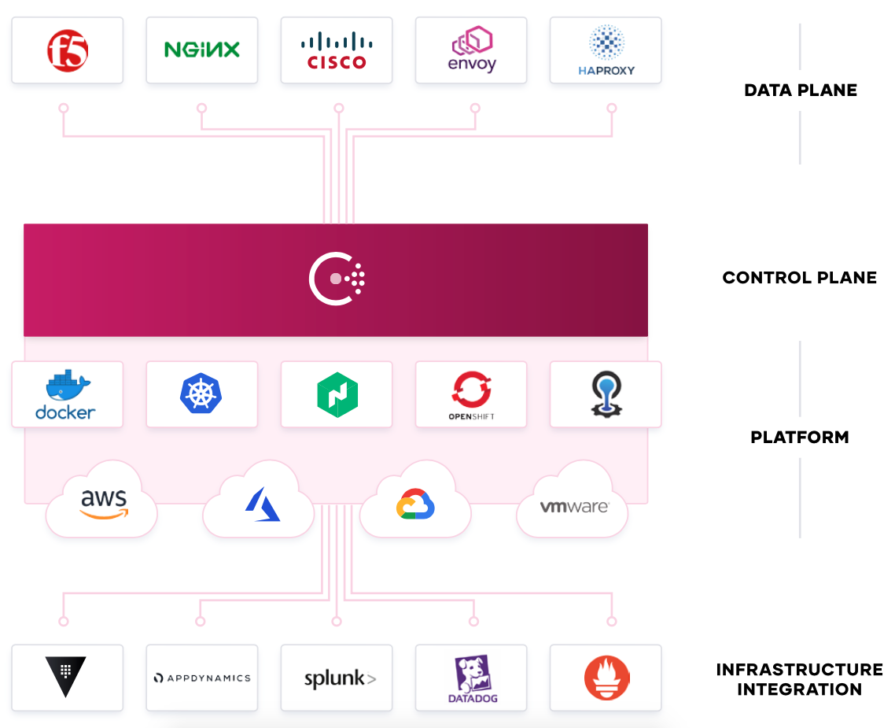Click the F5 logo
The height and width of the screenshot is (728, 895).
coord(68,51)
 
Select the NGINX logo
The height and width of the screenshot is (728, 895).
coord(202,50)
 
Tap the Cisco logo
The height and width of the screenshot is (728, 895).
coord(337,51)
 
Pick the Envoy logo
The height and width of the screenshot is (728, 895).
coord(472,49)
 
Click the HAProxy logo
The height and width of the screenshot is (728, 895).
coord(606,50)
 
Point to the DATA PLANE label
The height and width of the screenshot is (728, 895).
coord(801,91)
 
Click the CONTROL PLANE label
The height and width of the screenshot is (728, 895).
coord(799,278)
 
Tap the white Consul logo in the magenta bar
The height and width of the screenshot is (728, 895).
coord(337,279)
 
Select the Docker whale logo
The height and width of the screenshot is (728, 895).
coord(65,394)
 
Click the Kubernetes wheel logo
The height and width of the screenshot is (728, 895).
coord(201,394)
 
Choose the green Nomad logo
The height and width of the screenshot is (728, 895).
coord(337,394)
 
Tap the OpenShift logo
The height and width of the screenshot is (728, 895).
coord(471,395)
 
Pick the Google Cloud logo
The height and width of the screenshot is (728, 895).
coord(415,504)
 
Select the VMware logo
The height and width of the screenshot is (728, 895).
coord(574,506)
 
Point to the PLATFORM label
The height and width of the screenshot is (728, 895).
coord(800,438)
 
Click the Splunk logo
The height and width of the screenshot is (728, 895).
coord(341,679)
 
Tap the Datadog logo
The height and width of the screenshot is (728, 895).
coord(473,678)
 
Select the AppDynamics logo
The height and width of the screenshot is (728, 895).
coord(202,678)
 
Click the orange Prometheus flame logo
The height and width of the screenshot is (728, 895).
coord(606,678)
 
